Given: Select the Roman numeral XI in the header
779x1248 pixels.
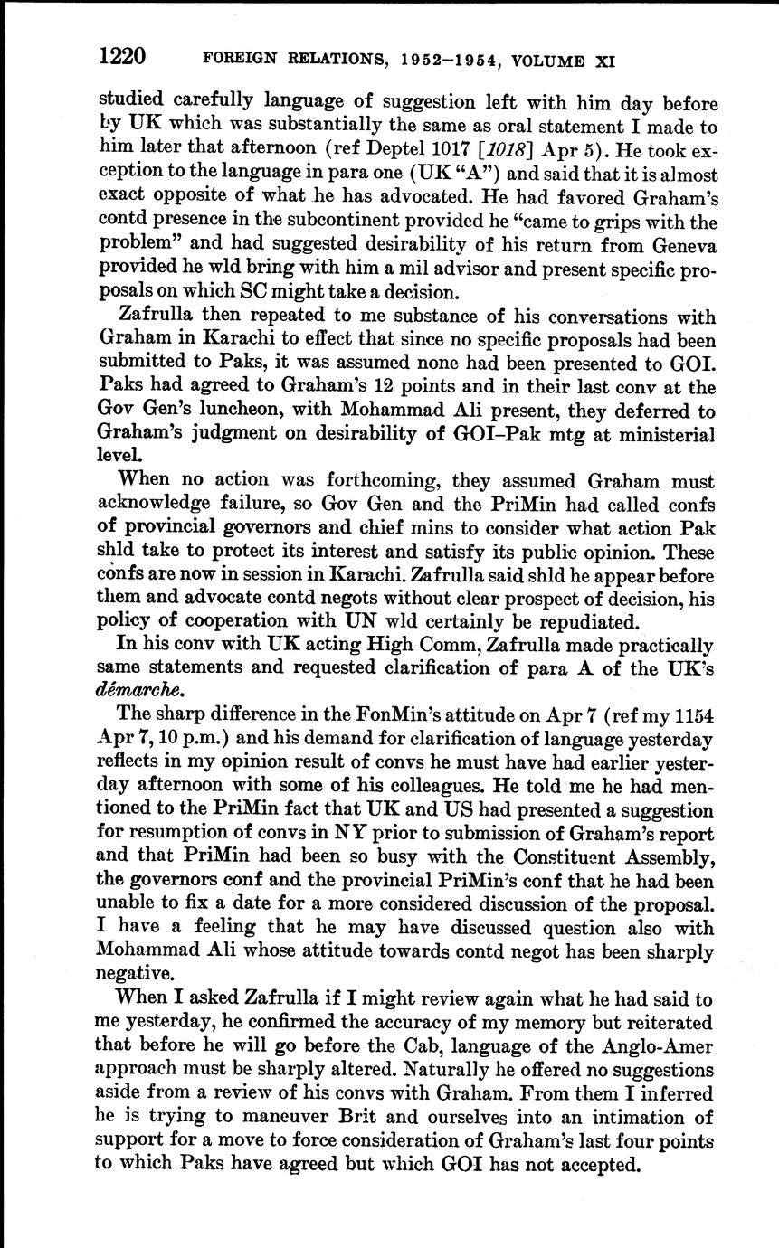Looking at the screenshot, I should click(x=604, y=62).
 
